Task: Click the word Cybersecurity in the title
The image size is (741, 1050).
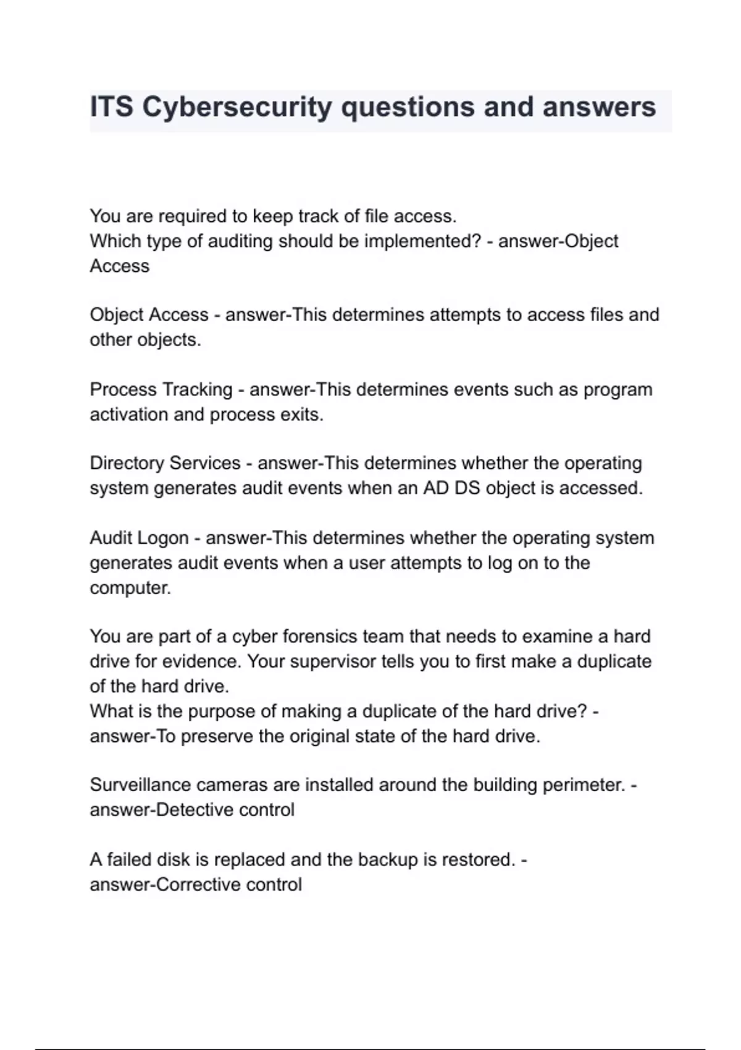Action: click(x=237, y=107)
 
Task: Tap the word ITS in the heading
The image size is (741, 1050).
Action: click(x=112, y=107)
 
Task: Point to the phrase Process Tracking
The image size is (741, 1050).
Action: click(x=161, y=390)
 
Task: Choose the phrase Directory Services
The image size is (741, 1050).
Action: click(x=165, y=463)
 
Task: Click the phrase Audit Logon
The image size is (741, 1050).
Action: click(x=139, y=538)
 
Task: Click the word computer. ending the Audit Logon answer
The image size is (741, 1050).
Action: click(x=130, y=587)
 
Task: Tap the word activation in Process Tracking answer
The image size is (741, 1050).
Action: click(x=129, y=414)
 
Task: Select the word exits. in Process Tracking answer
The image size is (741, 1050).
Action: click(x=302, y=414)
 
